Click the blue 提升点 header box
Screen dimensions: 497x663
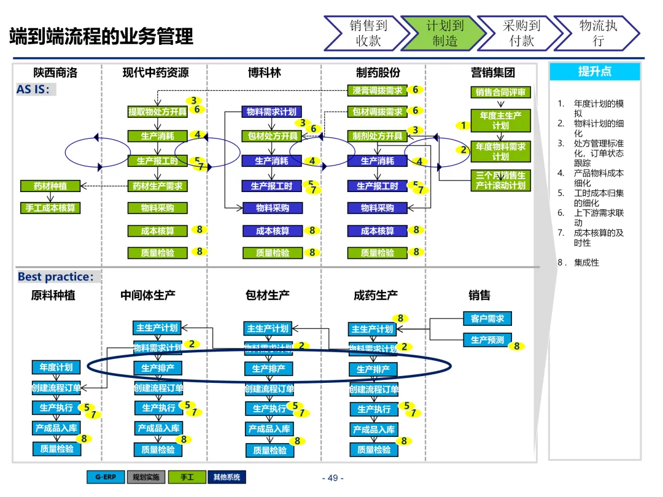(594, 72)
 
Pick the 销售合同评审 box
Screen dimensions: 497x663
(500, 93)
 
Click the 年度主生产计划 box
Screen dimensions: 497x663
(500, 120)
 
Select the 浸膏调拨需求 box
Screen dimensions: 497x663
(378, 90)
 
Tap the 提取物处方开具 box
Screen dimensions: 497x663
(157, 112)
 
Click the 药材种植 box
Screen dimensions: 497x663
(50, 186)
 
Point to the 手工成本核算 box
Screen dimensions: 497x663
(50, 208)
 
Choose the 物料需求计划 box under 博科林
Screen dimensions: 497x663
(271, 112)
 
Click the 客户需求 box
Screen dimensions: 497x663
(487, 319)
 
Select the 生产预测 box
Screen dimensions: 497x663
(487, 340)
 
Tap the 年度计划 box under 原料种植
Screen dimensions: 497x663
(56, 368)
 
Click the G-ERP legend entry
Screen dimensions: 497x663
(106, 477)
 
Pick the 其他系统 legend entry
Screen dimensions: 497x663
(227, 477)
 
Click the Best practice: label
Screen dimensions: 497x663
(56, 277)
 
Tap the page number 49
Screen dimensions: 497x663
(333, 478)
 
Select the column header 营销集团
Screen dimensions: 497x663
(492, 72)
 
